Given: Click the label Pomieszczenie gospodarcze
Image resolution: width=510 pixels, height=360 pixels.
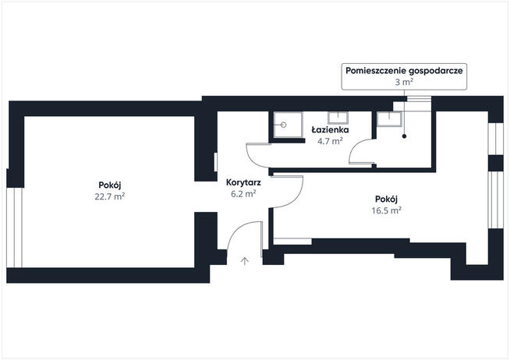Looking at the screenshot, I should coord(405,70).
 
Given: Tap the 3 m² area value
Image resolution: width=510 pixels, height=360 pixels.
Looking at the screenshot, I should coord(405,81).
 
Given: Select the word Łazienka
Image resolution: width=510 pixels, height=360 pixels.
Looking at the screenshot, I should coord(329,130).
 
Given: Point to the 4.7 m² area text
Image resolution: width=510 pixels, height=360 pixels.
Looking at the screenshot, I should coord(329,141).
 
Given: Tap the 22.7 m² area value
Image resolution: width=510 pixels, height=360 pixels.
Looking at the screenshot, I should coord(108,196).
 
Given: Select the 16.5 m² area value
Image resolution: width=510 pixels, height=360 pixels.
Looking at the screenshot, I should coord(386,210).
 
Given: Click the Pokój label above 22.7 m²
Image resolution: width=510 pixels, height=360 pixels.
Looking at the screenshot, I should coord(108,185).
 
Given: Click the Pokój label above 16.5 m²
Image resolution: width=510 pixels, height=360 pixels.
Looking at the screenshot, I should coord(386,199).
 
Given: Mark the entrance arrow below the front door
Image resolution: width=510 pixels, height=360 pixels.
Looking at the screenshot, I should coord(246,260).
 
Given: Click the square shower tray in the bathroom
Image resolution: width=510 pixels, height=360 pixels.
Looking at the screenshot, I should coord(286,125).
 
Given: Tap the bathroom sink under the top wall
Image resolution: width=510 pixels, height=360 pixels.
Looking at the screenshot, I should coord(338,118).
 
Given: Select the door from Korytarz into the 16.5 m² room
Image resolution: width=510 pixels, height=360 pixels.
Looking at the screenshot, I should coord(289,191).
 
